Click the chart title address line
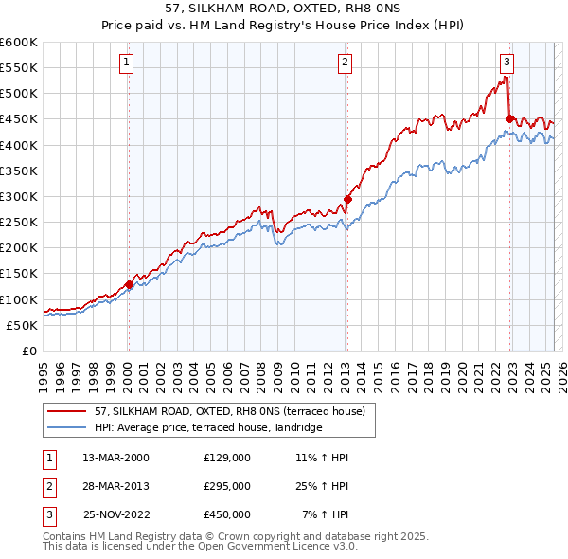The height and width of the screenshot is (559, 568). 283,9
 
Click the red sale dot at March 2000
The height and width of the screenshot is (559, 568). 128,283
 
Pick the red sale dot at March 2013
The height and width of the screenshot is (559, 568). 346,199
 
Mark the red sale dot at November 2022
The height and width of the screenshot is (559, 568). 509,118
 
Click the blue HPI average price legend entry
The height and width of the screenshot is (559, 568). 208,427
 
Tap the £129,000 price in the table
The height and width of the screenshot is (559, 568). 226,457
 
